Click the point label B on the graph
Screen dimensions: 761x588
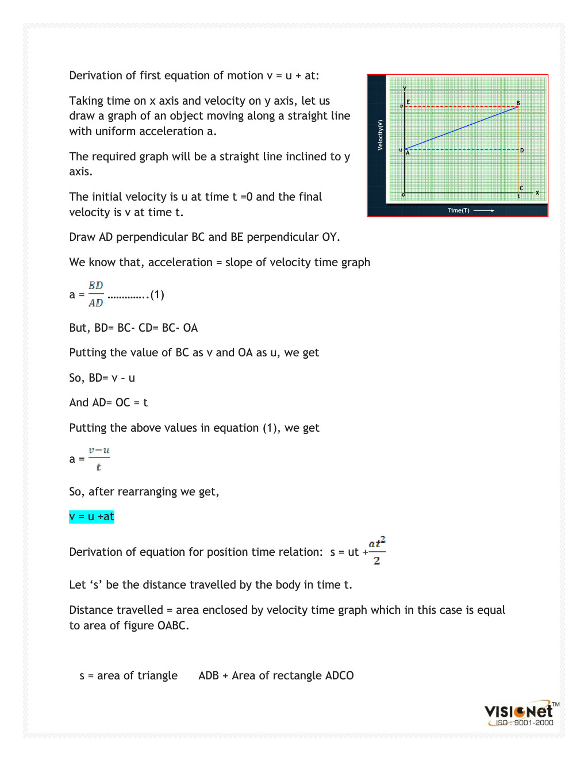518,103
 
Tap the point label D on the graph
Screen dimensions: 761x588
522,150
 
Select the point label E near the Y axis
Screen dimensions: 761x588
408,102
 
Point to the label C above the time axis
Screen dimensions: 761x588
521,188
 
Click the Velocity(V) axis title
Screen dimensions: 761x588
380,135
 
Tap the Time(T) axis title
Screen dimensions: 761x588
458,210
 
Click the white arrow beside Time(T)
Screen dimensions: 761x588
484,210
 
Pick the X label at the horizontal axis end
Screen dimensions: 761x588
537,193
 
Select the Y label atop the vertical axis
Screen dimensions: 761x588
405,88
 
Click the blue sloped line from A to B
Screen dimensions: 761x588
462,128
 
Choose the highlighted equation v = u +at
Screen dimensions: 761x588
91,517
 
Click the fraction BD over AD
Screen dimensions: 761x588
96,294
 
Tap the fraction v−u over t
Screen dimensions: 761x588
99,459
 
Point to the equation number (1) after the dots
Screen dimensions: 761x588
157,295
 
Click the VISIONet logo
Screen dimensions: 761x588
518,712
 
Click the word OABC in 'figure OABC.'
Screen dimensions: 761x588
172,625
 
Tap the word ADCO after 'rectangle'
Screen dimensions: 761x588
339,675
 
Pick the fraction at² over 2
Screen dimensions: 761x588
376,551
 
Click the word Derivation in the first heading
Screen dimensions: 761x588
95,75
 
